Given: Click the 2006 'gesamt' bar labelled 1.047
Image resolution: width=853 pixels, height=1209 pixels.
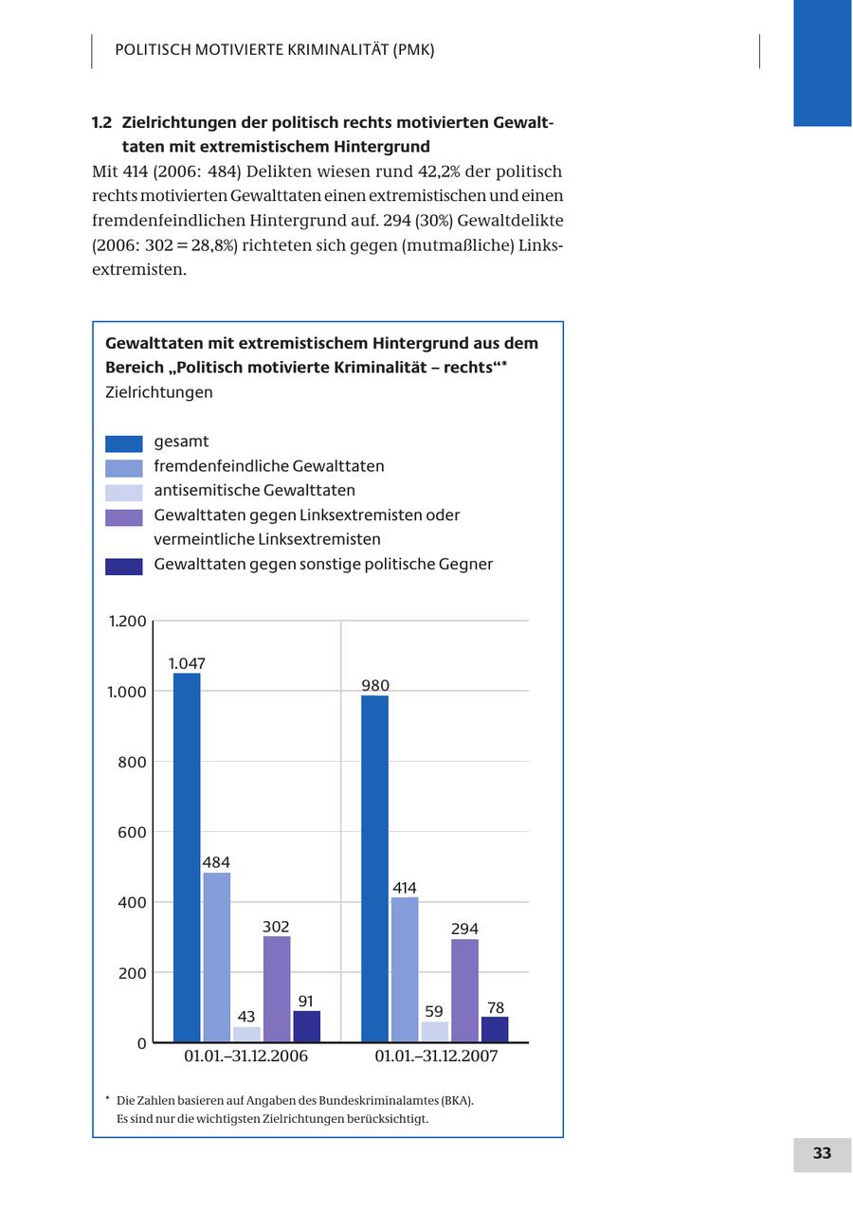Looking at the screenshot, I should click(187, 857).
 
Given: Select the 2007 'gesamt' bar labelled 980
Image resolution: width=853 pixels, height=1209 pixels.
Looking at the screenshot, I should click(374, 869).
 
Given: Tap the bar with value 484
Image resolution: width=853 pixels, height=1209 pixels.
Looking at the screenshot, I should click(216, 957).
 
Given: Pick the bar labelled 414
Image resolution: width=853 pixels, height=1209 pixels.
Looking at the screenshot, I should click(405, 969).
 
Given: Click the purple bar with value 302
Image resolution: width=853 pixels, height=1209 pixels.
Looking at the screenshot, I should click(277, 989).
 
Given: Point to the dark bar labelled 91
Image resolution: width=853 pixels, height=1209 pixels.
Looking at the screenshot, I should click(306, 1026).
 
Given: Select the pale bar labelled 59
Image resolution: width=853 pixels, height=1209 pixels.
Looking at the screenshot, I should click(434, 1032).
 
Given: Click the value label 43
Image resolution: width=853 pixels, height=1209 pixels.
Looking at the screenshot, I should click(246, 1017).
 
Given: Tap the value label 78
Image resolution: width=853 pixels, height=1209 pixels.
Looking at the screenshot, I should click(495, 1007).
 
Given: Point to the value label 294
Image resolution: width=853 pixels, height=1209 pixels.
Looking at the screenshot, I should click(464, 929).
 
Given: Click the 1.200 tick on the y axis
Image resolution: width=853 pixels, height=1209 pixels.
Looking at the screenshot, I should click(128, 622).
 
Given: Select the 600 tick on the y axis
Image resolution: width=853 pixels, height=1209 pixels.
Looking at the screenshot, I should click(132, 832).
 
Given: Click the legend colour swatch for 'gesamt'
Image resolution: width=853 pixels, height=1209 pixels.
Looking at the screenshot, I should click(124, 443).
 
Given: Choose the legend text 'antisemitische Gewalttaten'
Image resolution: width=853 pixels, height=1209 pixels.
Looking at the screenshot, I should click(254, 491).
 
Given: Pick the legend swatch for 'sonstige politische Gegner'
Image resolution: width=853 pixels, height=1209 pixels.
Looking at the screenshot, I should click(124, 567).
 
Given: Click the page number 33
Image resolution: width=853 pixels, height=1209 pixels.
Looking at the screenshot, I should click(822, 1153).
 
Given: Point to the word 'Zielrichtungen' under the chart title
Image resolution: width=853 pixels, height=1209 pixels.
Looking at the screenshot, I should click(159, 392).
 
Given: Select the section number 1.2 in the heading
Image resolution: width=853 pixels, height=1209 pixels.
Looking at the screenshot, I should click(102, 123).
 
